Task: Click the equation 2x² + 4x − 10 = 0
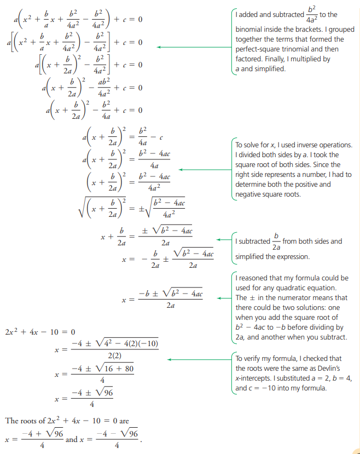pos(39,332)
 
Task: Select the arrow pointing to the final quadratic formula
pos(224,298)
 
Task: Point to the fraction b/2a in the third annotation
pos(276,241)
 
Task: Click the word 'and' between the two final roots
pos(71,439)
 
